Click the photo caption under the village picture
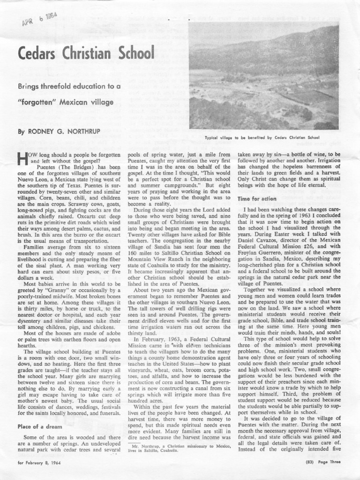tap(262, 138)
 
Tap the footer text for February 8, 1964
tap(38, 462)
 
